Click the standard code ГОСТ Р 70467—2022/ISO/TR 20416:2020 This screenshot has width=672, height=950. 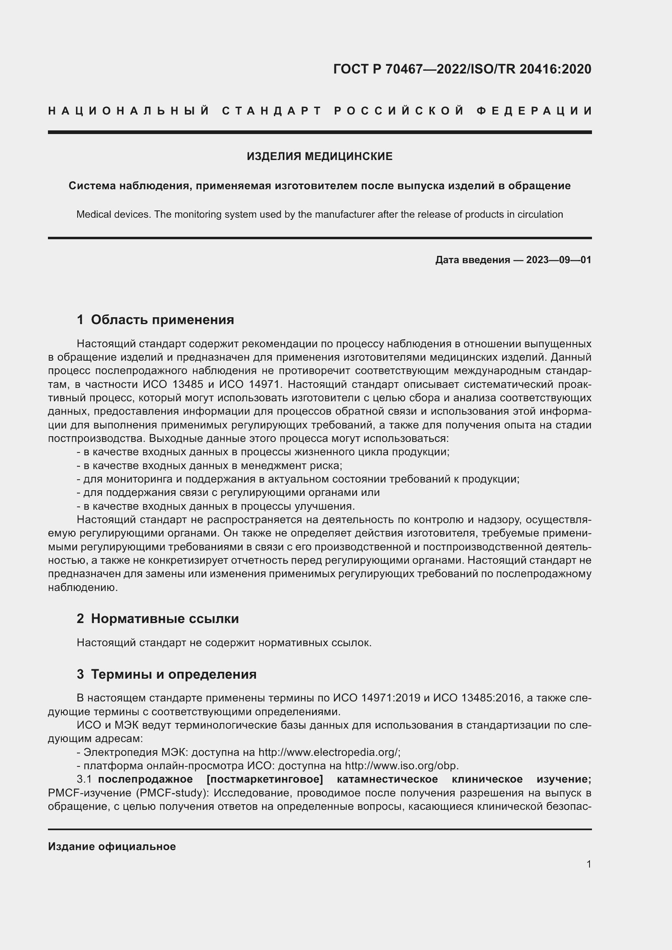[x=462, y=69]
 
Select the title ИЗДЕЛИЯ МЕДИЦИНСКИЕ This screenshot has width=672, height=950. [x=319, y=156]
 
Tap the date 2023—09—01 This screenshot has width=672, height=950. [x=559, y=260]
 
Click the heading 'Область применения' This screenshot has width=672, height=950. [x=162, y=319]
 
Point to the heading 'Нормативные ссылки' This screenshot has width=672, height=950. [x=165, y=619]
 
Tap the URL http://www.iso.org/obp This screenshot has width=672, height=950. [x=401, y=766]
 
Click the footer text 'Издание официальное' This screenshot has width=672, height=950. [x=112, y=846]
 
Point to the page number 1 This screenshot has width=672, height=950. [x=589, y=864]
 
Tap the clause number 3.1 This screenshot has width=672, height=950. [x=84, y=779]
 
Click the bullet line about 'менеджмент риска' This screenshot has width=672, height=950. [x=209, y=465]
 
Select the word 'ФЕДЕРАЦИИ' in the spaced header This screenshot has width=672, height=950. [x=534, y=111]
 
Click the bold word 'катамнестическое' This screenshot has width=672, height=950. [x=387, y=779]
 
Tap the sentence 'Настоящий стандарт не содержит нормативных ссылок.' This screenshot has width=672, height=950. [x=224, y=643]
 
